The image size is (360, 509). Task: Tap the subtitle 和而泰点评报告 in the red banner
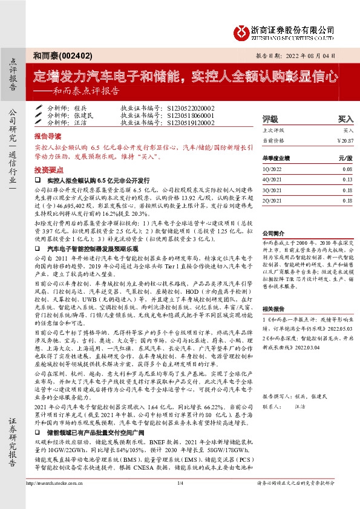pos(87,92)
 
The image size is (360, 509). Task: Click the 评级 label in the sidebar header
pos(270,119)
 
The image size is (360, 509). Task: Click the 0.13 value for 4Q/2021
pos(347,180)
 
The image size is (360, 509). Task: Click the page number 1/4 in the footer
pos(180,500)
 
